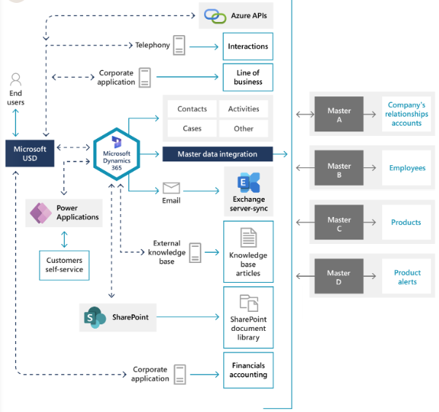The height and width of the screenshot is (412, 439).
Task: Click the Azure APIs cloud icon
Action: [215, 15]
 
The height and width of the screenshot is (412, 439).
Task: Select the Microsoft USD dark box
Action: [30, 153]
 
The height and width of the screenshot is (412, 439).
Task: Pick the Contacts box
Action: [192, 109]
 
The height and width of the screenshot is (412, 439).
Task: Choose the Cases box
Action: [192, 129]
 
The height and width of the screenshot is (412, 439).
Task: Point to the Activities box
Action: [244, 109]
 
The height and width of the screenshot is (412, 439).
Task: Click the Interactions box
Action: [248, 46]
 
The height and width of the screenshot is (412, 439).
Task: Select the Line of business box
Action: [248, 77]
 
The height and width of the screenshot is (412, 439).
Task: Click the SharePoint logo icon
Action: [95, 318]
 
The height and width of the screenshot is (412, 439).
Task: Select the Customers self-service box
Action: [64, 264]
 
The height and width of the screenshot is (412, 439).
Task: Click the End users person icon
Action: [15, 80]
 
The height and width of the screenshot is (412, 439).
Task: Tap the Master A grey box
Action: [338, 115]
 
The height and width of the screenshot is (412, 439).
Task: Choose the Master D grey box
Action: [338, 277]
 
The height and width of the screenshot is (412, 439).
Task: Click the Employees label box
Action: [407, 168]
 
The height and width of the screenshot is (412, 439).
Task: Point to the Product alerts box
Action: [407, 277]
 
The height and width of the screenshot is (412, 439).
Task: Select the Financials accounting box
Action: [248, 370]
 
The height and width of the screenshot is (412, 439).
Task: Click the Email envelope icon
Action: [171, 188]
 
